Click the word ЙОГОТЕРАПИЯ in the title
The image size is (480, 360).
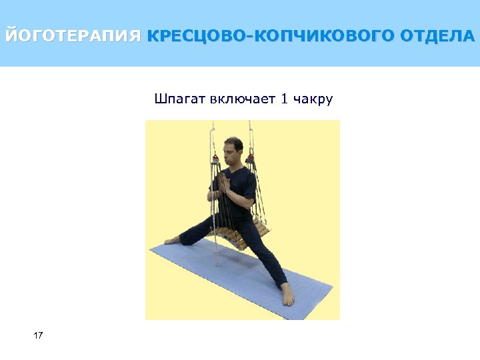click(72, 35)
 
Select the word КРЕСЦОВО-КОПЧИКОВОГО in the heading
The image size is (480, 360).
click(271, 35)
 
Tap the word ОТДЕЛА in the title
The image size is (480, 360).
click(437, 35)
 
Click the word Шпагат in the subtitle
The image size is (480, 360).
click(180, 100)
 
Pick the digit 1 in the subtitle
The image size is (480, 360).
click(285, 100)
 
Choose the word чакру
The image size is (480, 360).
click(314, 100)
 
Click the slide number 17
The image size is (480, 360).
click(38, 335)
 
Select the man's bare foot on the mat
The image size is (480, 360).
click(287, 295)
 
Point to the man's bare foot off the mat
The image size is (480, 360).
click(173, 239)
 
